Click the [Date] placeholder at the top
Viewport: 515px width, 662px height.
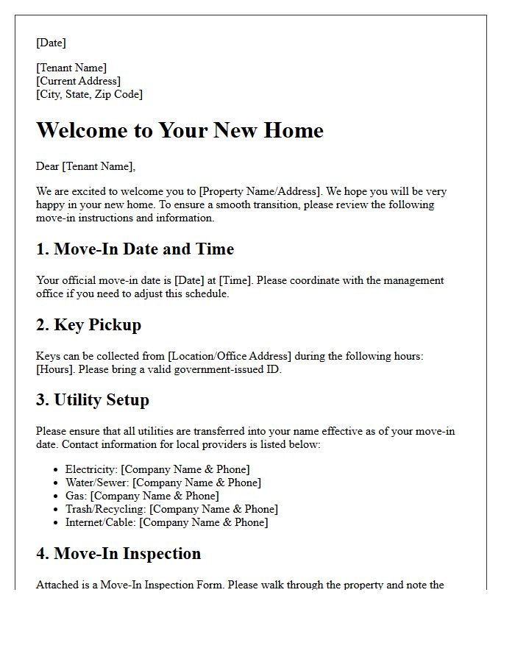[x=51, y=43]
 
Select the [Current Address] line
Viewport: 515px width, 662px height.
[x=79, y=81]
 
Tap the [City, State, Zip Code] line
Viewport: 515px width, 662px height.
[x=89, y=94]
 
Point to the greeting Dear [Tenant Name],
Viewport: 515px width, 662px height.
[x=86, y=167]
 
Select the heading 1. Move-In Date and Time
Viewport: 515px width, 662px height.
[x=135, y=249]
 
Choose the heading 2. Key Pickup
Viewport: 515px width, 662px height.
[x=88, y=324]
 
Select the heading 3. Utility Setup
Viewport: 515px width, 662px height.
[x=93, y=400]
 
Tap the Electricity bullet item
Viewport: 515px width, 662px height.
[x=157, y=469]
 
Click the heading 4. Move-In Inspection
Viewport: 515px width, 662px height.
[x=118, y=554]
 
